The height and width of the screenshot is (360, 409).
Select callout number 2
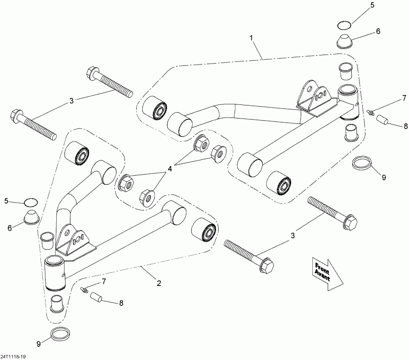(x=159, y=283)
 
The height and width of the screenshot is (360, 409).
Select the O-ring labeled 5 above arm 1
(x=344, y=24)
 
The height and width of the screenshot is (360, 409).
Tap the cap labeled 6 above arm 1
(x=346, y=41)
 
